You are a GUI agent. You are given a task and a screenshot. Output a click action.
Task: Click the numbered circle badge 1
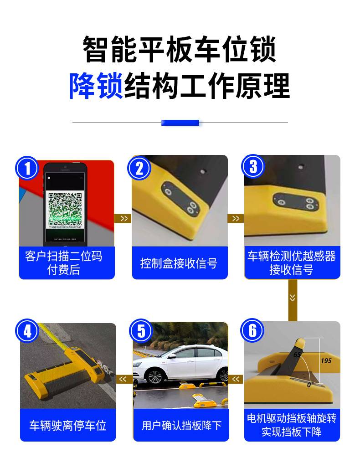[27, 168]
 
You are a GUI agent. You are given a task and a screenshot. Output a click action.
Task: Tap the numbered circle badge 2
[139, 168]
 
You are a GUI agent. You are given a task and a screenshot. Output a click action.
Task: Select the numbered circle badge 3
[253, 166]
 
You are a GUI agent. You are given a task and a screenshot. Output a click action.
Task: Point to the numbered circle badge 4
[27, 331]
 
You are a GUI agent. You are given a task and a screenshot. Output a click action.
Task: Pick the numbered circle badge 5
[141, 331]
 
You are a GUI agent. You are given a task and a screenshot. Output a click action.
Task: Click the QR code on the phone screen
[65, 209]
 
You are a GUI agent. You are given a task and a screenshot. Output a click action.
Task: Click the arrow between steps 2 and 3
[236, 218]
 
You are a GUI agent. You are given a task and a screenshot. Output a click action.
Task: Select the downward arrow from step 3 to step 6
[292, 298]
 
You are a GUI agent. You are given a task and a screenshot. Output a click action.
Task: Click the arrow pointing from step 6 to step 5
[236, 379]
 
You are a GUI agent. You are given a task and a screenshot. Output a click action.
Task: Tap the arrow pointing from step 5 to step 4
[123, 379]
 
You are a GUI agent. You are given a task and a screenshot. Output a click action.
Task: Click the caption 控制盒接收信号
[179, 263]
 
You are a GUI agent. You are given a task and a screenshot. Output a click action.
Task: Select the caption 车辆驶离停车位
[68, 425]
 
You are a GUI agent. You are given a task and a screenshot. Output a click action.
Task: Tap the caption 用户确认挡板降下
[182, 425]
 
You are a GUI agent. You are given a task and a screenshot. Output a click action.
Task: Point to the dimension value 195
[326, 361]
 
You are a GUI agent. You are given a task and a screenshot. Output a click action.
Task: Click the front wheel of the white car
[155, 377]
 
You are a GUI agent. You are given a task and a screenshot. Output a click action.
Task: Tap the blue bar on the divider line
[180, 123]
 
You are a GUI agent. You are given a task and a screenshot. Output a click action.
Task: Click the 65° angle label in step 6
[297, 355]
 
